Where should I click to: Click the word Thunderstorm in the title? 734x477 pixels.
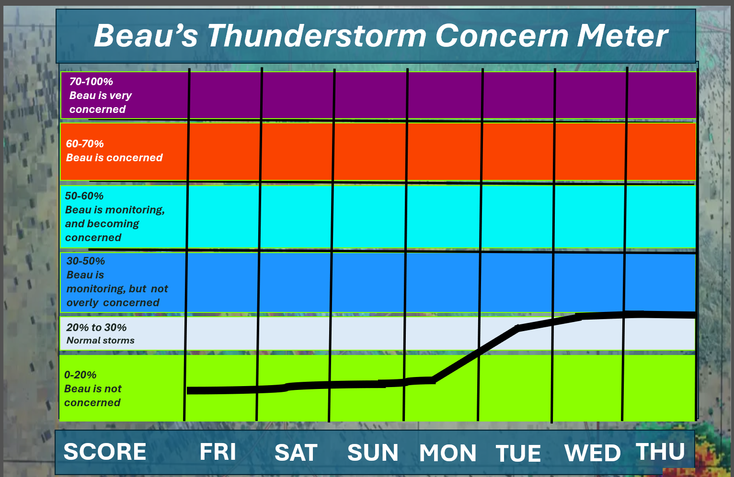[x=317, y=35]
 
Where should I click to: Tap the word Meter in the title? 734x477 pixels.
[x=622, y=35]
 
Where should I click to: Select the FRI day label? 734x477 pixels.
[x=218, y=452]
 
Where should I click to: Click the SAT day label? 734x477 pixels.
[x=296, y=453]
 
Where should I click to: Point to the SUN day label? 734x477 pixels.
[x=373, y=453]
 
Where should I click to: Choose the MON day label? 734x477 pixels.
[x=447, y=453]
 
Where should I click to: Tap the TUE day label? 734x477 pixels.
[x=518, y=454]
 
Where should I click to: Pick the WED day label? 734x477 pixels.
[x=593, y=453]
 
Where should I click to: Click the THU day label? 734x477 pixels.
[x=660, y=452]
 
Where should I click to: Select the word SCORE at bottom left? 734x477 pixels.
[x=105, y=452]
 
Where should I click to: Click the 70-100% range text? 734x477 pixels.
[x=91, y=81]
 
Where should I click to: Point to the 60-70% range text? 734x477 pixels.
[x=85, y=144]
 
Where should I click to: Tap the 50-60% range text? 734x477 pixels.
[x=84, y=196]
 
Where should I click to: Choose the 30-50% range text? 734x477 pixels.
[x=86, y=261]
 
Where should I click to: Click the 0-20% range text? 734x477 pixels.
[x=80, y=375]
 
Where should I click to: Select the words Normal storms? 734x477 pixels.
[x=100, y=341]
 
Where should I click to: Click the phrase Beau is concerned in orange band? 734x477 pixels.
[x=115, y=158]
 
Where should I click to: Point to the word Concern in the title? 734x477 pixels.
[x=502, y=35]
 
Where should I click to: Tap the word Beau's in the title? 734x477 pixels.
[x=146, y=35]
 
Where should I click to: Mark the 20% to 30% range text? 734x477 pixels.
[x=96, y=327]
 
